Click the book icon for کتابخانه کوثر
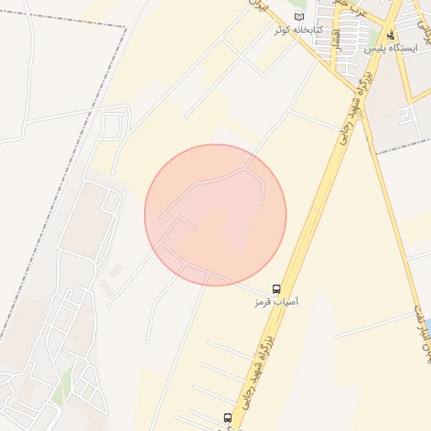(299, 17)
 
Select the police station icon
(391, 36)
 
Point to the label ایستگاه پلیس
(391, 50)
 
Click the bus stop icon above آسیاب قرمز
(277, 288)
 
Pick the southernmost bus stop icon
(226, 418)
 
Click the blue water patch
(427, 325)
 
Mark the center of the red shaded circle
(215, 215)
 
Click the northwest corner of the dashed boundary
(125, 28)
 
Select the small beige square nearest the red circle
(115, 270)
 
